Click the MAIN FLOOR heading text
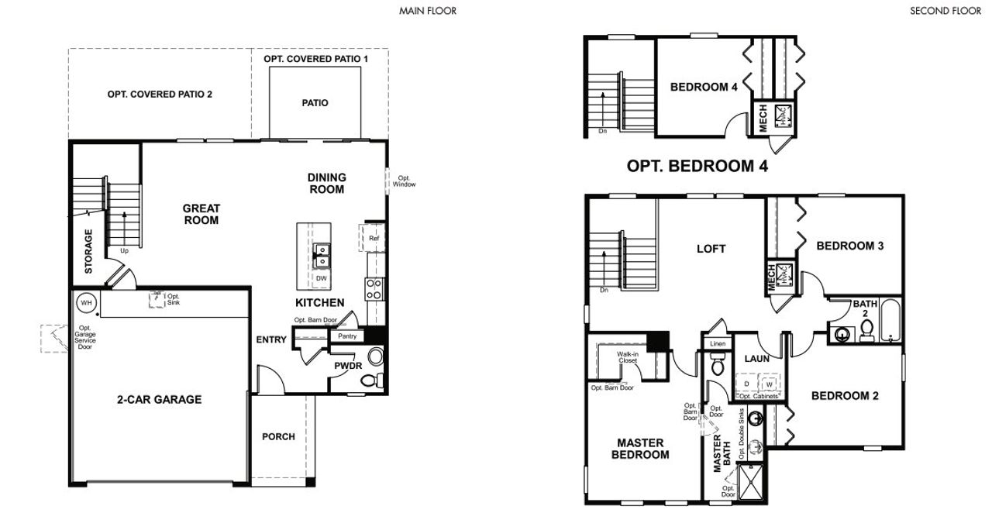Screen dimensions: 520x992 pyautogui.click(x=428, y=11)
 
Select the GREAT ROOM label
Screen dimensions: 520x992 pyautogui.click(x=201, y=214)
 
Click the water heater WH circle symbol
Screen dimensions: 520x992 pyautogui.click(x=85, y=303)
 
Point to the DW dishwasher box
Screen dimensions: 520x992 pyautogui.click(x=321, y=277)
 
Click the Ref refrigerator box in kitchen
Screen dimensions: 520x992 pyautogui.click(x=373, y=238)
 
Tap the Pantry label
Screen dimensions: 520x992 pyautogui.click(x=346, y=336)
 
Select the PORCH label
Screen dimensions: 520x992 pyautogui.click(x=278, y=436)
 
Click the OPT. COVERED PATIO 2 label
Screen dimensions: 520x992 pyautogui.click(x=160, y=94)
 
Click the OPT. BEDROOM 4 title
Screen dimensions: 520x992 pyautogui.click(x=697, y=166)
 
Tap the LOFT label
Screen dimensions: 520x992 pyautogui.click(x=711, y=249)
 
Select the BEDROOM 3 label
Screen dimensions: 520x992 pyautogui.click(x=850, y=246)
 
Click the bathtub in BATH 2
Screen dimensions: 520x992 pyautogui.click(x=891, y=320)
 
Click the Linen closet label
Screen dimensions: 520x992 pyautogui.click(x=716, y=343)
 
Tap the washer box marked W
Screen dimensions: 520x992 pyautogui.click(x=770, y=384)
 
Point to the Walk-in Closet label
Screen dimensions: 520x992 pyautogui.click(x=628, y=357)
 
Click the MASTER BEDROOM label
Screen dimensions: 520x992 pyautogui.click(x=640, y=449)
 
